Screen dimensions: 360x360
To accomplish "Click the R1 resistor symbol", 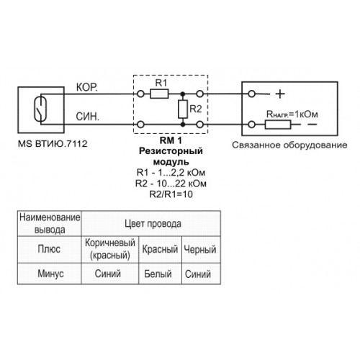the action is click(x=159, y=94).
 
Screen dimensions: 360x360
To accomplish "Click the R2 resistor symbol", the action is click(x=183, y=109).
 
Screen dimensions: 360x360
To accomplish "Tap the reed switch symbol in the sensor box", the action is click(x=40, y=109).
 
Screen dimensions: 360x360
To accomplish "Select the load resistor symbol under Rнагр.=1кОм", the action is click(x=278, y=125).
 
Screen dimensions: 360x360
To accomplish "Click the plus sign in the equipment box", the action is click(x=280, y=94).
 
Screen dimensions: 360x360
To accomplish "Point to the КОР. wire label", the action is click(x=87, y=87).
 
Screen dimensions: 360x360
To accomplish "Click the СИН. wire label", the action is click(x=87, y=117).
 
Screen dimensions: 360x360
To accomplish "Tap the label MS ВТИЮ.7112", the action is click(x=53, y=144).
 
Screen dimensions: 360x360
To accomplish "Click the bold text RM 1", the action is click(x=171, y=140).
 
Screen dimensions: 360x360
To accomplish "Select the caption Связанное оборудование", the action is click(x=289, y=145).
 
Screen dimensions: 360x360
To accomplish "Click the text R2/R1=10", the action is click(x=171, y=194).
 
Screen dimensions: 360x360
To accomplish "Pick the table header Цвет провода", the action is click(x=153, y=224).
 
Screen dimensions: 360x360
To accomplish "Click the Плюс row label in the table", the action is click(x=49, y=249).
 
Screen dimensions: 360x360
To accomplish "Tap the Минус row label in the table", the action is click(x=50, y=274).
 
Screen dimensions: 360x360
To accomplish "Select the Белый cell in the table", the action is click(x=158, y=274).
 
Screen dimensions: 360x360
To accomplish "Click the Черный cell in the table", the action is click(x=200, y=249).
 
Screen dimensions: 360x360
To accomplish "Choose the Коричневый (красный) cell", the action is click(x=110, y=249).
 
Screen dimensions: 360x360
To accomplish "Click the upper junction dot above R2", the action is click(x=183, y=94).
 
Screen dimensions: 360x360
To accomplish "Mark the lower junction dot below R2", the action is click(x=183, y=125).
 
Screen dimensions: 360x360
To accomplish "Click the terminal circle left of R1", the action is click(x=140, y=94).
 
